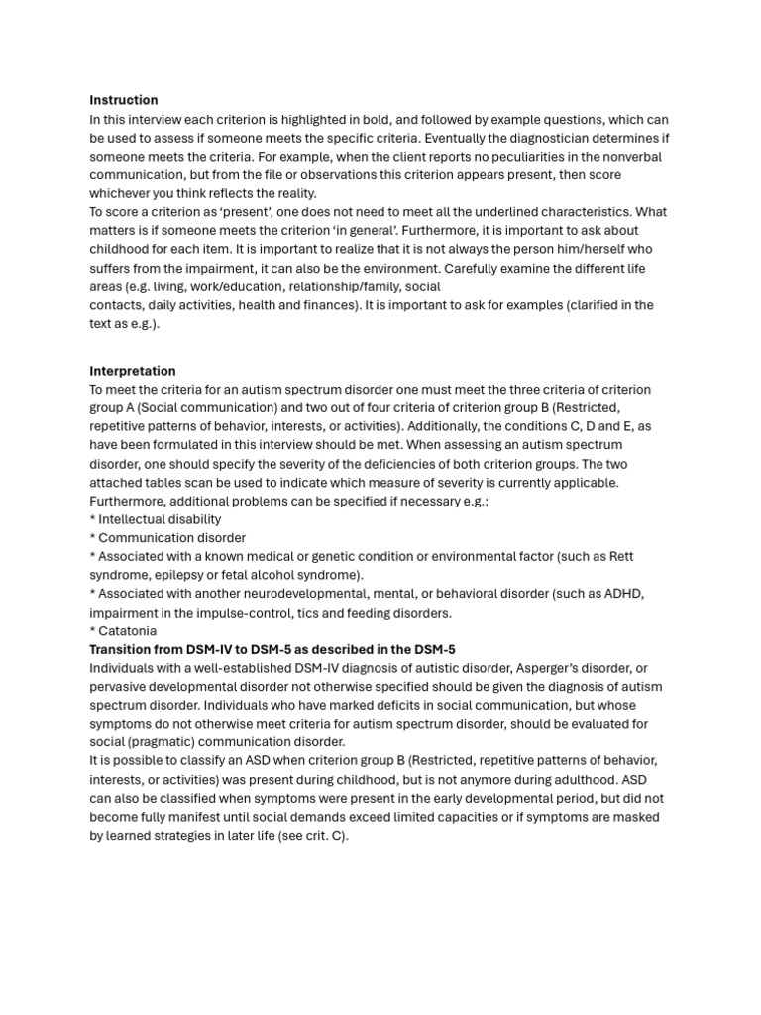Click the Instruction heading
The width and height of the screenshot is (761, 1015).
tap(123, 100)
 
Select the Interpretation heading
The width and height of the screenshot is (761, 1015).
tap(133, 371)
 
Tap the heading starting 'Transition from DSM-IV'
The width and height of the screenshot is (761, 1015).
tap(272, 649)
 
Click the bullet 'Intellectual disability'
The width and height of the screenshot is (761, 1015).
tap(159, 519)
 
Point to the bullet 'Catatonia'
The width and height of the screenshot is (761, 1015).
tap(127, 631)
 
